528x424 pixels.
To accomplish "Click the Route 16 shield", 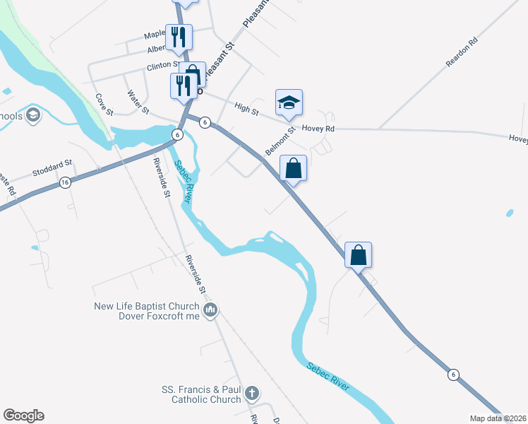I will click(65, 182).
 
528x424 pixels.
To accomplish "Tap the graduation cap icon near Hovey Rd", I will click(289, 103).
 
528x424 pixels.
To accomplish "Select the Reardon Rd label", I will click(462, 53).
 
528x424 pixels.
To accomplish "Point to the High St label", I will click(247, 108).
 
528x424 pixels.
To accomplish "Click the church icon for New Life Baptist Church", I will click(210, 310).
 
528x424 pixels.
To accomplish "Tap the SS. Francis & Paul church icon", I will click(252, 393).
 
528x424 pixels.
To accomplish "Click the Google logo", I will click(23, 416).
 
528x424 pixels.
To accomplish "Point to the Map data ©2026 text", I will click(498, 418).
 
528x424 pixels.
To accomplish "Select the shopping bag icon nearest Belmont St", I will click(294, 170).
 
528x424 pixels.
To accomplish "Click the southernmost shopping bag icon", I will click(359, 255).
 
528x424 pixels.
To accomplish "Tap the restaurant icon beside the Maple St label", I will click(179, 37).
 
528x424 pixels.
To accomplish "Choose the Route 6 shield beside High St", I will click(204, 122).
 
